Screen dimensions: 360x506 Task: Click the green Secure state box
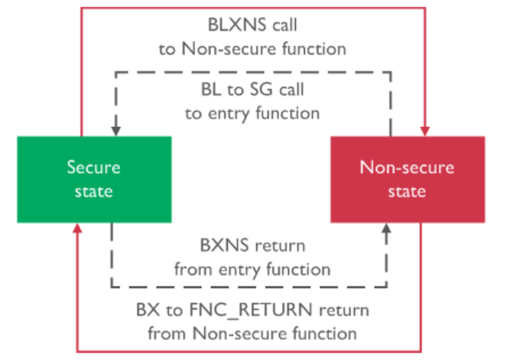click(x=94, y=179)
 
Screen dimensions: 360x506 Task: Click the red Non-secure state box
click(x=407, y=179)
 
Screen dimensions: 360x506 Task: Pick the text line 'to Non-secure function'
click(x=253, y=49)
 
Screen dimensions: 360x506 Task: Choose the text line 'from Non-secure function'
click(x=253, y=332)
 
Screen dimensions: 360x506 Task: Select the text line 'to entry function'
click(x=253, y=113)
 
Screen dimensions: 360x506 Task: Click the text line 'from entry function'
click(x=253, y=268)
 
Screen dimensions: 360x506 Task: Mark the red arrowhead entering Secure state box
click(x=79, y=230)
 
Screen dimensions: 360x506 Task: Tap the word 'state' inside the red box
click(x=407, y=191)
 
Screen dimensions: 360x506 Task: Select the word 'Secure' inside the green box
click(x=93, y=168)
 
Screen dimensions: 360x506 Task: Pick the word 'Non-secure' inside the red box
click(x=407, y=168)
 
